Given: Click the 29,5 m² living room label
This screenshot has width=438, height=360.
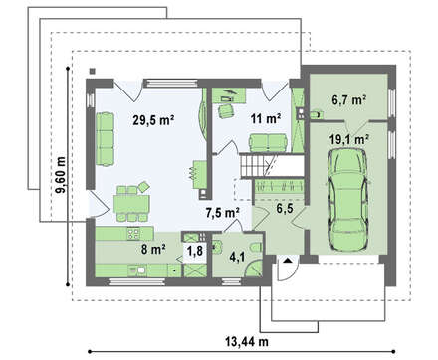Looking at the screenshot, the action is click(153, 120).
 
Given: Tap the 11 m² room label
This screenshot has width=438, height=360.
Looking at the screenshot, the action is click(266, 118).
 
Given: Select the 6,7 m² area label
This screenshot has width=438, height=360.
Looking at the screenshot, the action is click(349, 99).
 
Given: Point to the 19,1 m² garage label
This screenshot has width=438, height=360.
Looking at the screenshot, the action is click(349, 140).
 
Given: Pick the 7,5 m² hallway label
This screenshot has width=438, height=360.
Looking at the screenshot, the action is click(223, 213).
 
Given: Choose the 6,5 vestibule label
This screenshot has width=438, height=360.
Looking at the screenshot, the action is click(285, 209).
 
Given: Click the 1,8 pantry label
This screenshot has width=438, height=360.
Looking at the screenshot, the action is click(195, 250).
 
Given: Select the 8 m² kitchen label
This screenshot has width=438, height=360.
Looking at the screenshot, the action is click(153, 249).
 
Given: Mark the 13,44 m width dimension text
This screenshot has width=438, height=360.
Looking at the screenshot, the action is click(247, 341).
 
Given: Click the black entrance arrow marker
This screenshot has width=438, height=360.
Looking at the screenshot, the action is click(288, 260).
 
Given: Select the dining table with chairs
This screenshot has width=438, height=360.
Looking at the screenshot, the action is click(131, 203).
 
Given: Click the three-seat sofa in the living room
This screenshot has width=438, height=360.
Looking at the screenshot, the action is click(105, 139).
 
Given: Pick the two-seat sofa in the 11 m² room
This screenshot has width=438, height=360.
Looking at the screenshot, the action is click(268, 143).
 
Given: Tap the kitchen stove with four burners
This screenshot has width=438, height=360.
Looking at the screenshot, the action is click(133, 233).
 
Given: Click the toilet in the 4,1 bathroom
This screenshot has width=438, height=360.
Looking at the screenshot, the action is click(257, 248).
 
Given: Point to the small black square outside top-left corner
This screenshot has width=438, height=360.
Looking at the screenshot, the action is click(92, 71).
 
